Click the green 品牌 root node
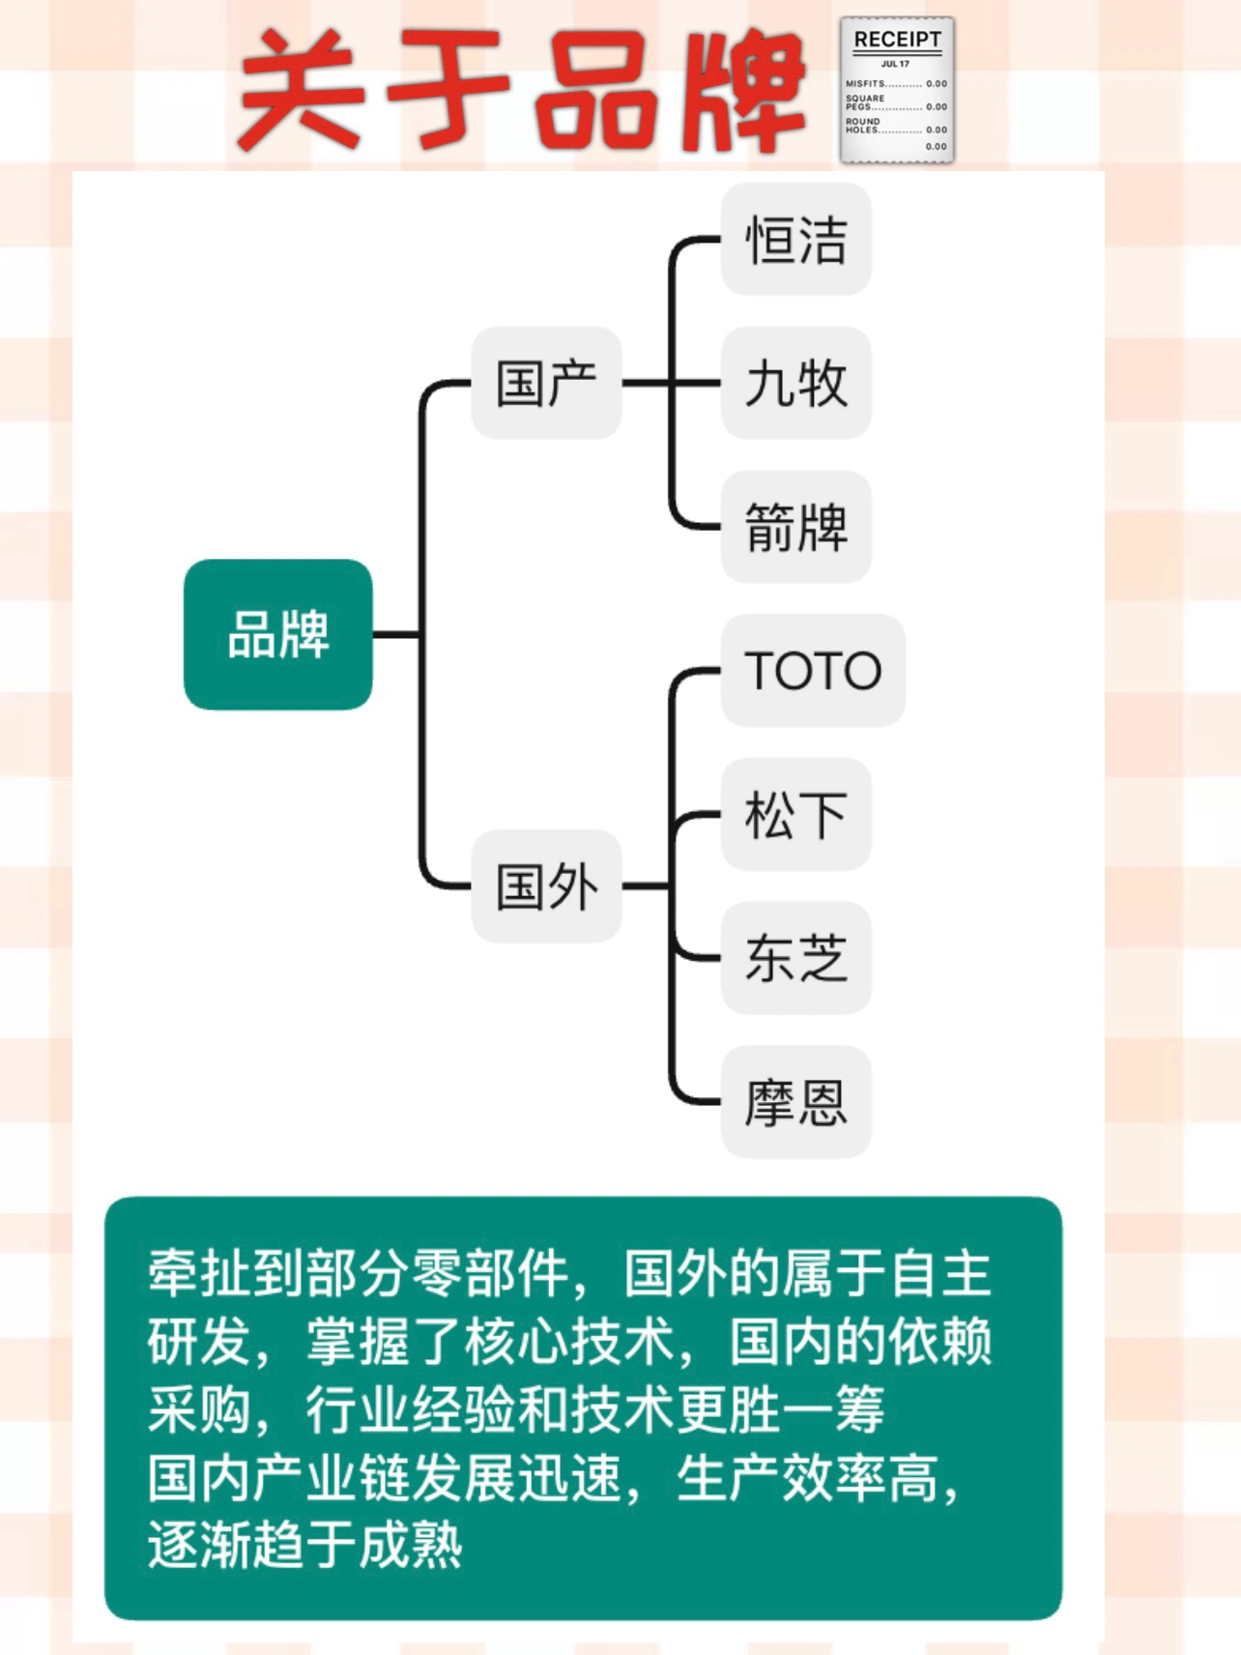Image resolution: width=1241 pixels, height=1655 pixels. tap(277, 634)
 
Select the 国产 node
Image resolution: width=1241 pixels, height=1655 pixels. tap(546, 383)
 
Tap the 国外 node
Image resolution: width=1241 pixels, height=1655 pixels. tap(546, 886)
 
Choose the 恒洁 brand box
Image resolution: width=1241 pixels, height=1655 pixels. tap(795, 240)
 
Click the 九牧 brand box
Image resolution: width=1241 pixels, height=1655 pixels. tap(795, 383)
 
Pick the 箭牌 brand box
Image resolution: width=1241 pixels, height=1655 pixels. tap(795, 527)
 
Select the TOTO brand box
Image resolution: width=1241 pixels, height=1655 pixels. tap(813, 670)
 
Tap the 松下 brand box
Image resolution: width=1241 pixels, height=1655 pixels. tap(795, 814)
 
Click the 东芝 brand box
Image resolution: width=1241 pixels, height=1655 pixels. tap(795, 958)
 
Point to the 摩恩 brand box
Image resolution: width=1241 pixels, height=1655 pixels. tap(795, 1102)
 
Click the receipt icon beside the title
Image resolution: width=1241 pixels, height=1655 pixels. tap(896, 91)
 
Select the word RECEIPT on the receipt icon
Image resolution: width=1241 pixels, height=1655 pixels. tap(897, 40)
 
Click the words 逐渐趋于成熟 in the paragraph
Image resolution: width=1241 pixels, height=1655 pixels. tap(305, 1545)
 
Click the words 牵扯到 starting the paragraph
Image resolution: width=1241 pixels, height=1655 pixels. tap(226, 1273)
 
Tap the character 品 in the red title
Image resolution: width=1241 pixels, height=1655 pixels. tap(592, 89)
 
